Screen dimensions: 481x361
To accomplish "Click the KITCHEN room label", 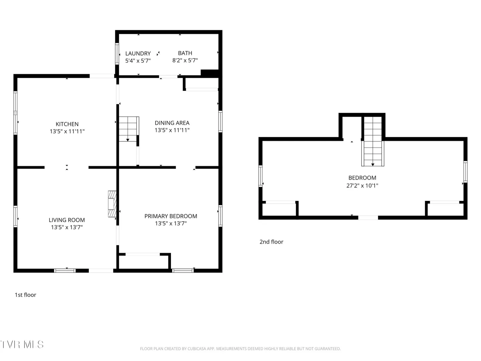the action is point(67,124).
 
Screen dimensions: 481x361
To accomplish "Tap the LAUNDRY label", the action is point(138,53).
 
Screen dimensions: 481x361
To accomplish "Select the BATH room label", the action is point(185,53).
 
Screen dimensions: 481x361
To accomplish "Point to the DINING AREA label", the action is point(172,123).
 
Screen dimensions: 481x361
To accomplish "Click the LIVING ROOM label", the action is point(66,220).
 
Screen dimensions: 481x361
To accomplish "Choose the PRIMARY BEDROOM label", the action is point(171,216).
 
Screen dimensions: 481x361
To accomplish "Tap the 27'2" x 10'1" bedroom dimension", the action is point(362,186).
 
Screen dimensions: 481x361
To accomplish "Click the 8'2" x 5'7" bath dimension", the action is point(185,60).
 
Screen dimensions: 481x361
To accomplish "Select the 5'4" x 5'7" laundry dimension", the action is point(138,61).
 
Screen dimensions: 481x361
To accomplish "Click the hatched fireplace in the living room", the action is point(112,204).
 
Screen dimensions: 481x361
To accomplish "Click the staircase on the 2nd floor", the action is point(372,141).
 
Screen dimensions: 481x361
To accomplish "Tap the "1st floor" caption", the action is point(25,295).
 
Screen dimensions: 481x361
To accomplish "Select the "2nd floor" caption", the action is point(271,242).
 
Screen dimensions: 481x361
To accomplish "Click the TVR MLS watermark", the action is point(22,344).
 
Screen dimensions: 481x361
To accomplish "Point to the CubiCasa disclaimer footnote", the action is point(240,349).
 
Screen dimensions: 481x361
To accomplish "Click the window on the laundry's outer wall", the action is point(117,54).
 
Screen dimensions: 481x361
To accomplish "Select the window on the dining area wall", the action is point(220,122).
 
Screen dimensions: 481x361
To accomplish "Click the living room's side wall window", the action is point(15,217).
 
